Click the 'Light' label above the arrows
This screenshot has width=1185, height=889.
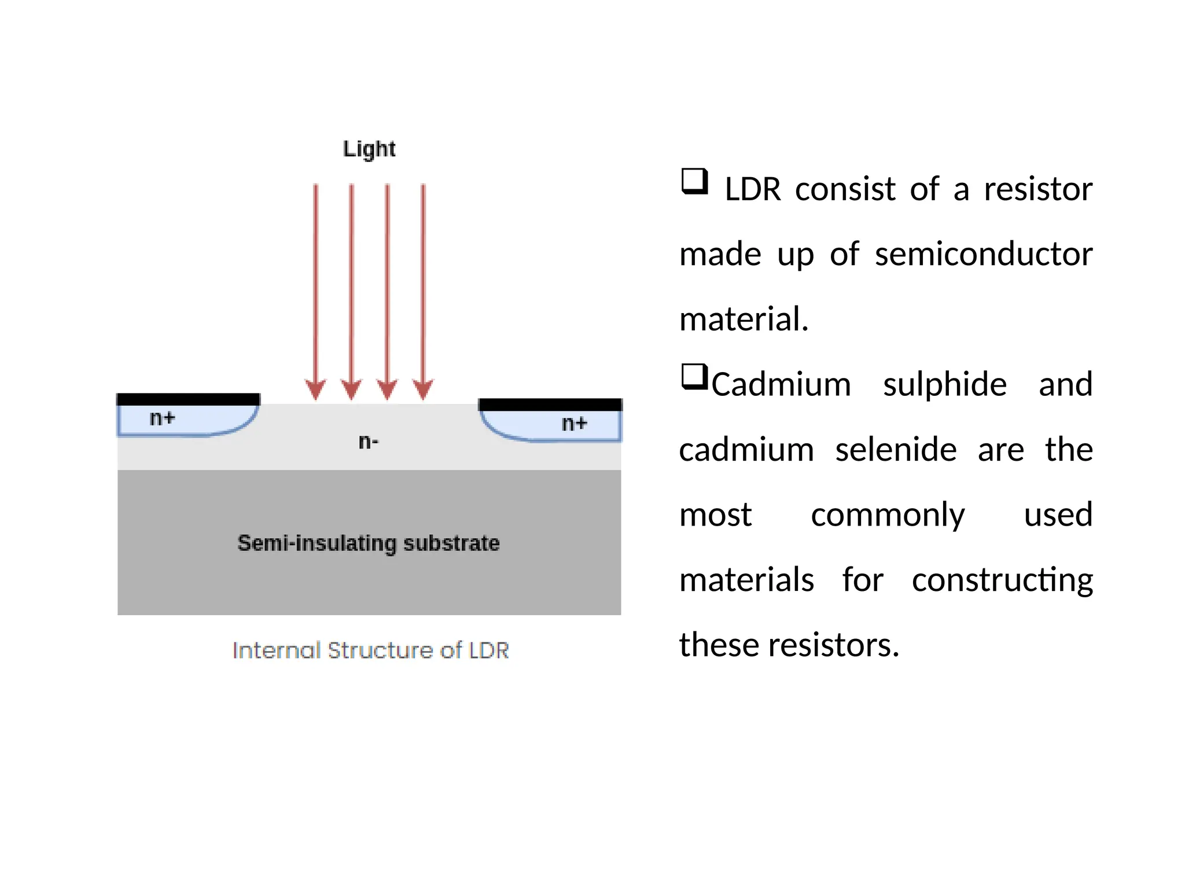click(x=369, y=149)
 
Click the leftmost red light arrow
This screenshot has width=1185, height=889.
click(x=316, y=289)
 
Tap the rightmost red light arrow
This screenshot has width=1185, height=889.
click(x=423, y=289)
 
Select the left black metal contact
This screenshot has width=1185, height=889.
click(x=188, y=399)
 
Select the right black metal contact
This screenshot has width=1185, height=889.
click(x=550, y=404)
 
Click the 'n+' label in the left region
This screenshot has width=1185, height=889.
click(x=162, y=418)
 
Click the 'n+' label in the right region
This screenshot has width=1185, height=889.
click(x=574, y=423)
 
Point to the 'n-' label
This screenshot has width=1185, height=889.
click(x=369, y=442)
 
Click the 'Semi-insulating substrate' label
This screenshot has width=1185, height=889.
click(x=369, y=543)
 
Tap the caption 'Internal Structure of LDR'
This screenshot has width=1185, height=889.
click(x=371, y=650)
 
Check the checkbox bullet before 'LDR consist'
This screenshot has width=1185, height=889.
click(x=694, y=181)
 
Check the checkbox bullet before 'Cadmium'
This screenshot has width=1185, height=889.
click(x=694, y=376)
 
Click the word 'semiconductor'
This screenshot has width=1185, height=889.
click(x=983, y=254)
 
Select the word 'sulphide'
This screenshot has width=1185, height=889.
click(x=944, y=384)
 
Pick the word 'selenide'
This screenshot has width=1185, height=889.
click(x=896, y=449)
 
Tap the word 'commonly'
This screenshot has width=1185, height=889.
click(x=888, y=515)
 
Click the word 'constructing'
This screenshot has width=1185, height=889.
click(x=1002, y=580)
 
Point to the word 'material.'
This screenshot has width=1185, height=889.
click(x=744, y=319)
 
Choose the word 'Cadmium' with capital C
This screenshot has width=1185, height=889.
click(x=781, y=384)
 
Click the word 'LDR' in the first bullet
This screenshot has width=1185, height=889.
click(x=753, y=189)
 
